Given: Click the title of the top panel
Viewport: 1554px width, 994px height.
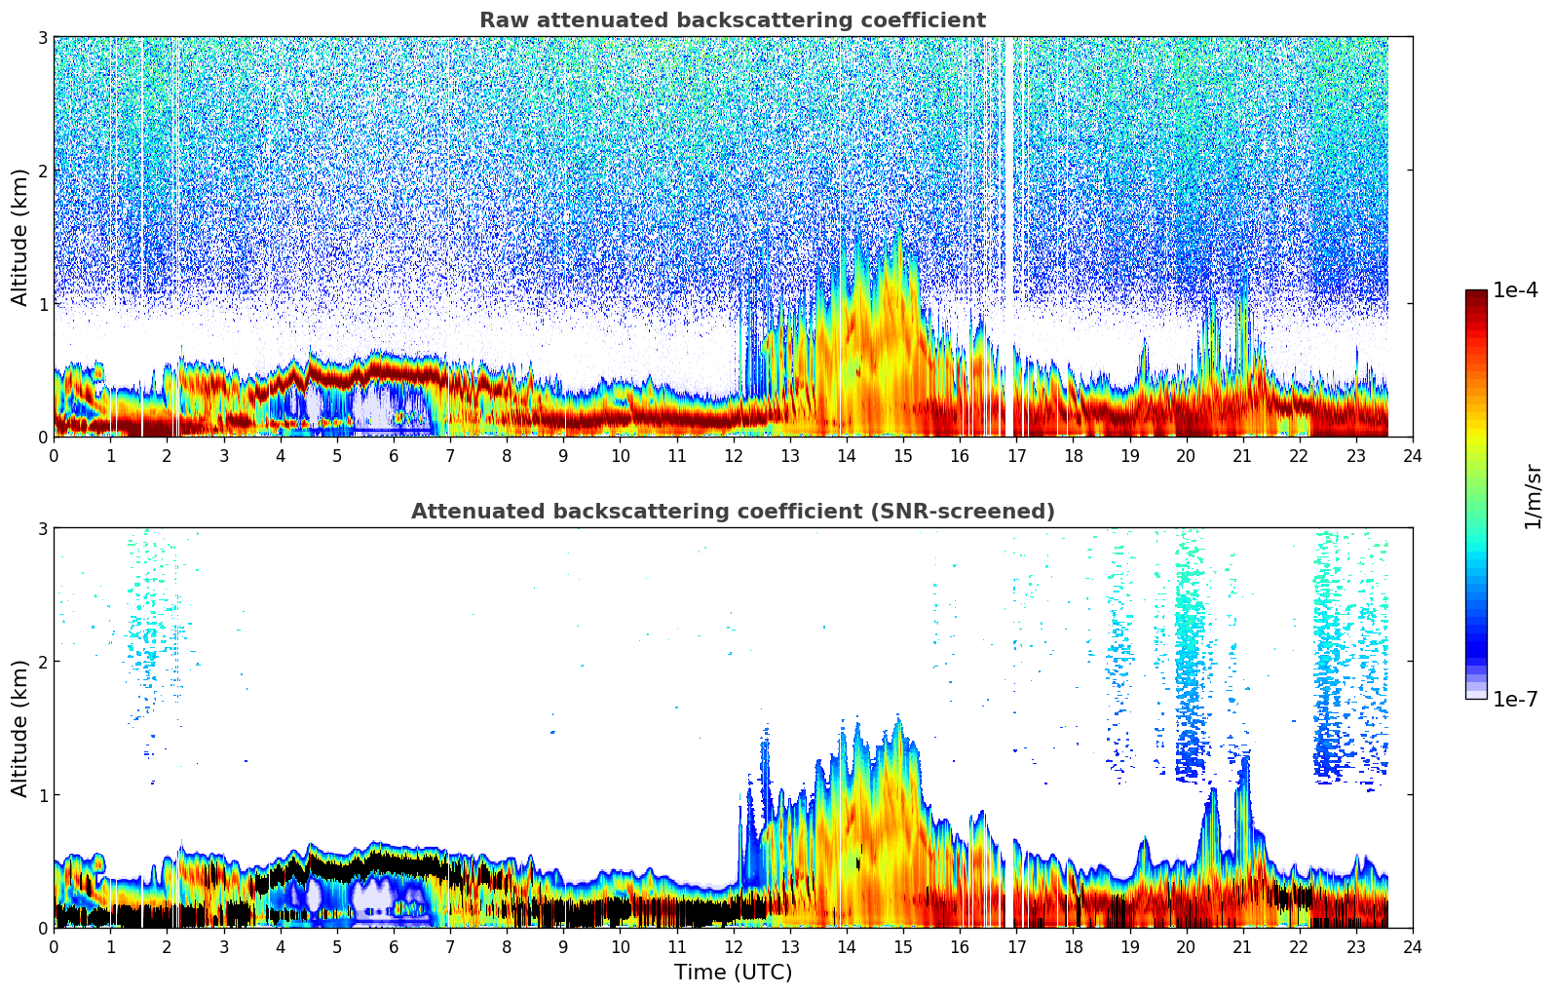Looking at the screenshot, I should click(732, 20).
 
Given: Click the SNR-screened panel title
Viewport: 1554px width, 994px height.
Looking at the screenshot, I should click(732, 512).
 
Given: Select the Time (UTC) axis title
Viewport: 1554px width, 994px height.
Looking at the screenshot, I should click(733, 973).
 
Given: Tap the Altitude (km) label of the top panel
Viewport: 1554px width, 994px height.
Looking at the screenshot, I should click(19, 237).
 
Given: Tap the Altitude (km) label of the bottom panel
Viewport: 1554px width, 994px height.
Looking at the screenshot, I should click(19, 728).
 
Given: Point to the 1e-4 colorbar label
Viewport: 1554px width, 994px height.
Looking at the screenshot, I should click(1515, 290).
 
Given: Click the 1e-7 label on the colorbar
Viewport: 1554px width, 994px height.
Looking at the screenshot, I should click(1515, 699).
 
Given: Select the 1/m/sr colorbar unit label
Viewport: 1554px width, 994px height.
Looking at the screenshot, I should click(1533, 497).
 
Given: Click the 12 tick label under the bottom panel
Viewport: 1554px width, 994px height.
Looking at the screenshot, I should click(733, 947).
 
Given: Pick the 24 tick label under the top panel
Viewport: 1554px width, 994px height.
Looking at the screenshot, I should click(1412, 456).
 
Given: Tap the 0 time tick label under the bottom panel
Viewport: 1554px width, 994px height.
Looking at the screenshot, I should click(54, 947).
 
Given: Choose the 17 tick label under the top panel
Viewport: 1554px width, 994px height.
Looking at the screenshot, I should click(1016, 456).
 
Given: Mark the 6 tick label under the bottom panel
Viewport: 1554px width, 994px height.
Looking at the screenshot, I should click(394, 947).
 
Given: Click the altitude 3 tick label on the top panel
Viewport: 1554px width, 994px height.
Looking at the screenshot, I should click(42, 37).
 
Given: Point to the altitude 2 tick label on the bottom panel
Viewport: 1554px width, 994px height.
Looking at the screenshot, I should click(42, 662).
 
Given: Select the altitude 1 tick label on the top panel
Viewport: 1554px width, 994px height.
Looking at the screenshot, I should click(42, 304).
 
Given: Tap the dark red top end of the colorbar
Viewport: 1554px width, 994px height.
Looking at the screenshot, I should click(1475, 294).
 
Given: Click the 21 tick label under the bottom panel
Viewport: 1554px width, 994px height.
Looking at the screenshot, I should click(1242, 947).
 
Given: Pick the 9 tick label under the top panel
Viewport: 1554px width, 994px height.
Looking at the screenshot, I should click(563, 456).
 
